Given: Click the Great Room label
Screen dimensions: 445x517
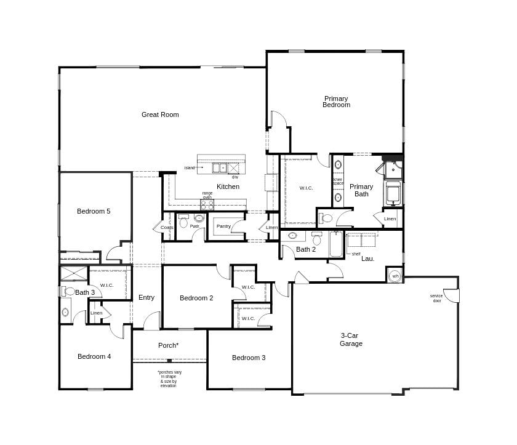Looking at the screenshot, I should (x=160, y=114).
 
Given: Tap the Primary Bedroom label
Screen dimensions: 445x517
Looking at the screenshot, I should (x=336, y=102).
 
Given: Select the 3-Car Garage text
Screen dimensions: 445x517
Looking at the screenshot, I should (x=351, y=340).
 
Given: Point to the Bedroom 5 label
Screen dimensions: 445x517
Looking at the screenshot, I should (x=94, y=211).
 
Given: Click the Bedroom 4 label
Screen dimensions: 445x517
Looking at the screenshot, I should (x=94, y=356).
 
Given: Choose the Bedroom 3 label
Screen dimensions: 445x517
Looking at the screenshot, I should (x=249, y=358).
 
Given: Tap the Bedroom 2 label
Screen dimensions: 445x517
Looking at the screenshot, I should (x=196, y=298).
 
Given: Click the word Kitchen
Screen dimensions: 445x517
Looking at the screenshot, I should (x=228, y=186).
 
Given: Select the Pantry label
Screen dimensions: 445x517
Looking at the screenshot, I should (x=223, y=227).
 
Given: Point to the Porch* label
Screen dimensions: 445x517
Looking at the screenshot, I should (x=168, y=345).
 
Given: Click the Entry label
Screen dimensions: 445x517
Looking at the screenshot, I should (x=146, y=297).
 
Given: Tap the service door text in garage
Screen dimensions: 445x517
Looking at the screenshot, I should (x=436, y=298).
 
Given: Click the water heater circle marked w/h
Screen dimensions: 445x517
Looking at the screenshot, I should (x=395, y=275).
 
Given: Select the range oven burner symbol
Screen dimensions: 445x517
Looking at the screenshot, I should (x=207, y=205).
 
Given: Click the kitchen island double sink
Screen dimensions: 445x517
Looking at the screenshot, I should (x=220, y=167).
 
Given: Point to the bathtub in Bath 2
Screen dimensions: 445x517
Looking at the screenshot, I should (x=336, y=244).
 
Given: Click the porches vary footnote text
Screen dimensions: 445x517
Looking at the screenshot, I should (x=169, y=379).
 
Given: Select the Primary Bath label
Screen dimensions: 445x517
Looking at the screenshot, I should (x=361, y=190).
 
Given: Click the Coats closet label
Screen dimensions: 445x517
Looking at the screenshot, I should (x=167, y=227).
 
